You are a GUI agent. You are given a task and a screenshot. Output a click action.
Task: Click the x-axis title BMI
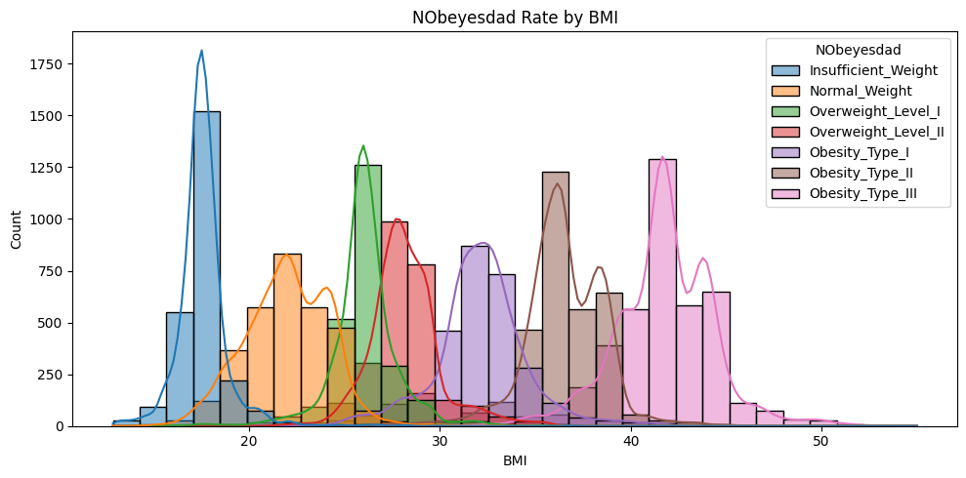tap(515, 459)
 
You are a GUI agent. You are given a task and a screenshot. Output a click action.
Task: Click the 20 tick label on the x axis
tap(248, 440)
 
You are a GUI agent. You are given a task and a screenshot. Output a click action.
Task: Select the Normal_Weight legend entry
tap(858, 91)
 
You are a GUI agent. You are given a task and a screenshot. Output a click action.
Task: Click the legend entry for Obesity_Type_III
tap(863, 193)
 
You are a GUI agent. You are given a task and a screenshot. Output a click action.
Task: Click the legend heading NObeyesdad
tap(858, 48)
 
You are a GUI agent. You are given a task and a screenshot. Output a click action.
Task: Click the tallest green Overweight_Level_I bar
tap(367, 293)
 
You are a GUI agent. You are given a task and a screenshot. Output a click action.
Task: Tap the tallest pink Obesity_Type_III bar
tap(662, 293)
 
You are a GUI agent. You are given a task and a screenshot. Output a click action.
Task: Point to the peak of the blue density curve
tap(201, 51)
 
